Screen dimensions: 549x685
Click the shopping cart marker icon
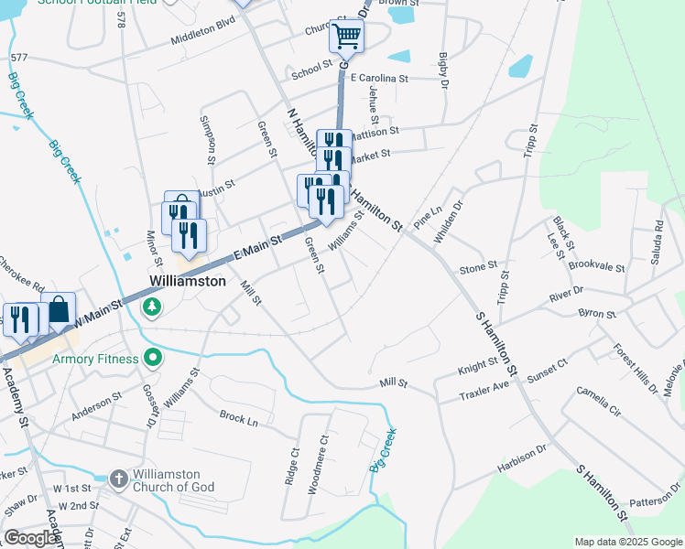pyautogui.click(x=347, y=38)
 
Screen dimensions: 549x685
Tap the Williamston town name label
pyautogui.click(x=188, y=282)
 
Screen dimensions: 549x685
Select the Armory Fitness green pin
pyautogui.click(x=153, y=359)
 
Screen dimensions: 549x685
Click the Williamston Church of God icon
pyautogui.click(x=118, y=479)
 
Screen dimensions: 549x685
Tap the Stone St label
pyautogui.click(x=478, y=268)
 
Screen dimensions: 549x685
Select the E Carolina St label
pyautogui.click(x=378, y=79)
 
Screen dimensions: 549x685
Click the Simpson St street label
pyautogui.click(x=210, y=133)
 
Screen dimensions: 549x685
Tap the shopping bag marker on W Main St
pyautogui.click(x=59, y=311)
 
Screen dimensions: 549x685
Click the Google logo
pyautogui.click(x=30, y=538)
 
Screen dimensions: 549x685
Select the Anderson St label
pyautogui.click(x=97, y=406)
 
